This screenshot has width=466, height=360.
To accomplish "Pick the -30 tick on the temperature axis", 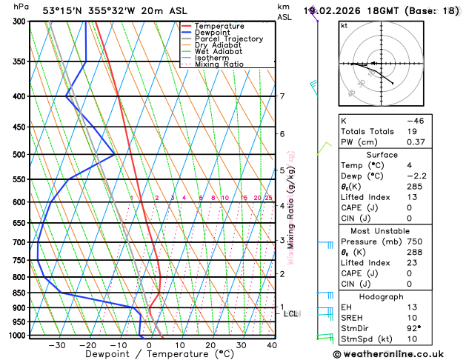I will [x=56, y=344].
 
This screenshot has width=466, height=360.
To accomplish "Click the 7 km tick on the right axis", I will [x=282, y=96].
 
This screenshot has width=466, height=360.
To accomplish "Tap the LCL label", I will [x=291, y=314].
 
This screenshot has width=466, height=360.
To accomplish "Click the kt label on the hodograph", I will [x=344, y=25].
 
